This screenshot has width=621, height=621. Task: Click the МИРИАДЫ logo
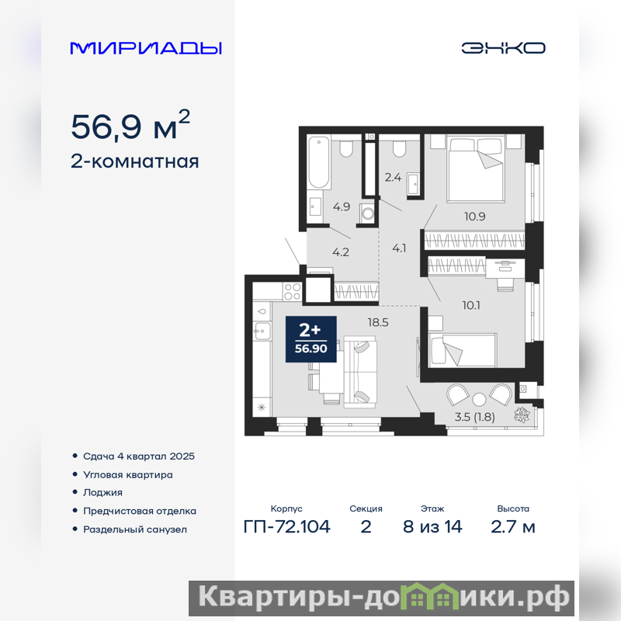click(146, 48)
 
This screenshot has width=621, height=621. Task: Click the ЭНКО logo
click(503, 48)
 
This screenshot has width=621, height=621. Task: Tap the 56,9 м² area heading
click(130, 125)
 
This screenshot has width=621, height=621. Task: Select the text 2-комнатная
click(134, 161)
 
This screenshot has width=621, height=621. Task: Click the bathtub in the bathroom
click(319, 162)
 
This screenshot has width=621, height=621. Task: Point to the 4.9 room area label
click(342, 206)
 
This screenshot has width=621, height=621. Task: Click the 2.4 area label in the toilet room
click(393, 177)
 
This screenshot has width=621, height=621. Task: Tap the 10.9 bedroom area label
click(475, 217)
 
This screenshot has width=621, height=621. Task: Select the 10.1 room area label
click(471, 305)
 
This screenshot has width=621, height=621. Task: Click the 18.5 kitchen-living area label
click(378, 322)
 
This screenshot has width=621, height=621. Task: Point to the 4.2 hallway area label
click(341, 252)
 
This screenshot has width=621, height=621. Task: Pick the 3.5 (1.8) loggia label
click(474, 417)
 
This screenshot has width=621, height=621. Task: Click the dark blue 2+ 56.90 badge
click(311, 339)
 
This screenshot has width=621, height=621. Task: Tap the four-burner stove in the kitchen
click(293, 292)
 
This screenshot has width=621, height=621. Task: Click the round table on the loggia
click(479, 399)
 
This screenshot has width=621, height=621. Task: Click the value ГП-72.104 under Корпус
click(286, 527)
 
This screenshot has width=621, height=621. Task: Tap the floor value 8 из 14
click(432, 527)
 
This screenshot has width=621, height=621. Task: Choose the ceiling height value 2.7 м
click(513, 527)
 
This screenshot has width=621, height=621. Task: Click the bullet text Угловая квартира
click(128, 474)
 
